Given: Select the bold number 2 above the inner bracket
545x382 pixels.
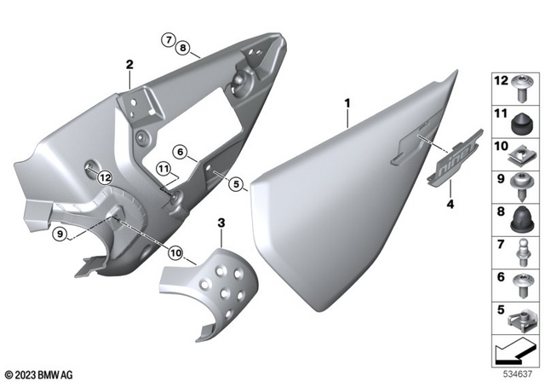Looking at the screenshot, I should pyautogui.click(x=129, y=64).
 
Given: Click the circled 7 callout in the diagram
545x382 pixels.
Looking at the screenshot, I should pyautogui.click(x=169, y=38).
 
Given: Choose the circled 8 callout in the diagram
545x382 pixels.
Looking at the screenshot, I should pyautogui.click(x=184, y=49).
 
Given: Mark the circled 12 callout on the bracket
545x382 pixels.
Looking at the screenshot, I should pyautogui.click(x=105, y=177).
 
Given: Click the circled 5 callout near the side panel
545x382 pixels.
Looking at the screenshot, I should pyautogui.click(x=236, y=182).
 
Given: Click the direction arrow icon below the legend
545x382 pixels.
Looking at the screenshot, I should pyautogui.click(x=512, y=350).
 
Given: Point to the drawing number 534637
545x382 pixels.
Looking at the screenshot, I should pyautogui.click(x=516, y=372).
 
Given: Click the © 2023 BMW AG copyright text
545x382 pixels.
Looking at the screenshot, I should pyautogui.click(x=40, y=373).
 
